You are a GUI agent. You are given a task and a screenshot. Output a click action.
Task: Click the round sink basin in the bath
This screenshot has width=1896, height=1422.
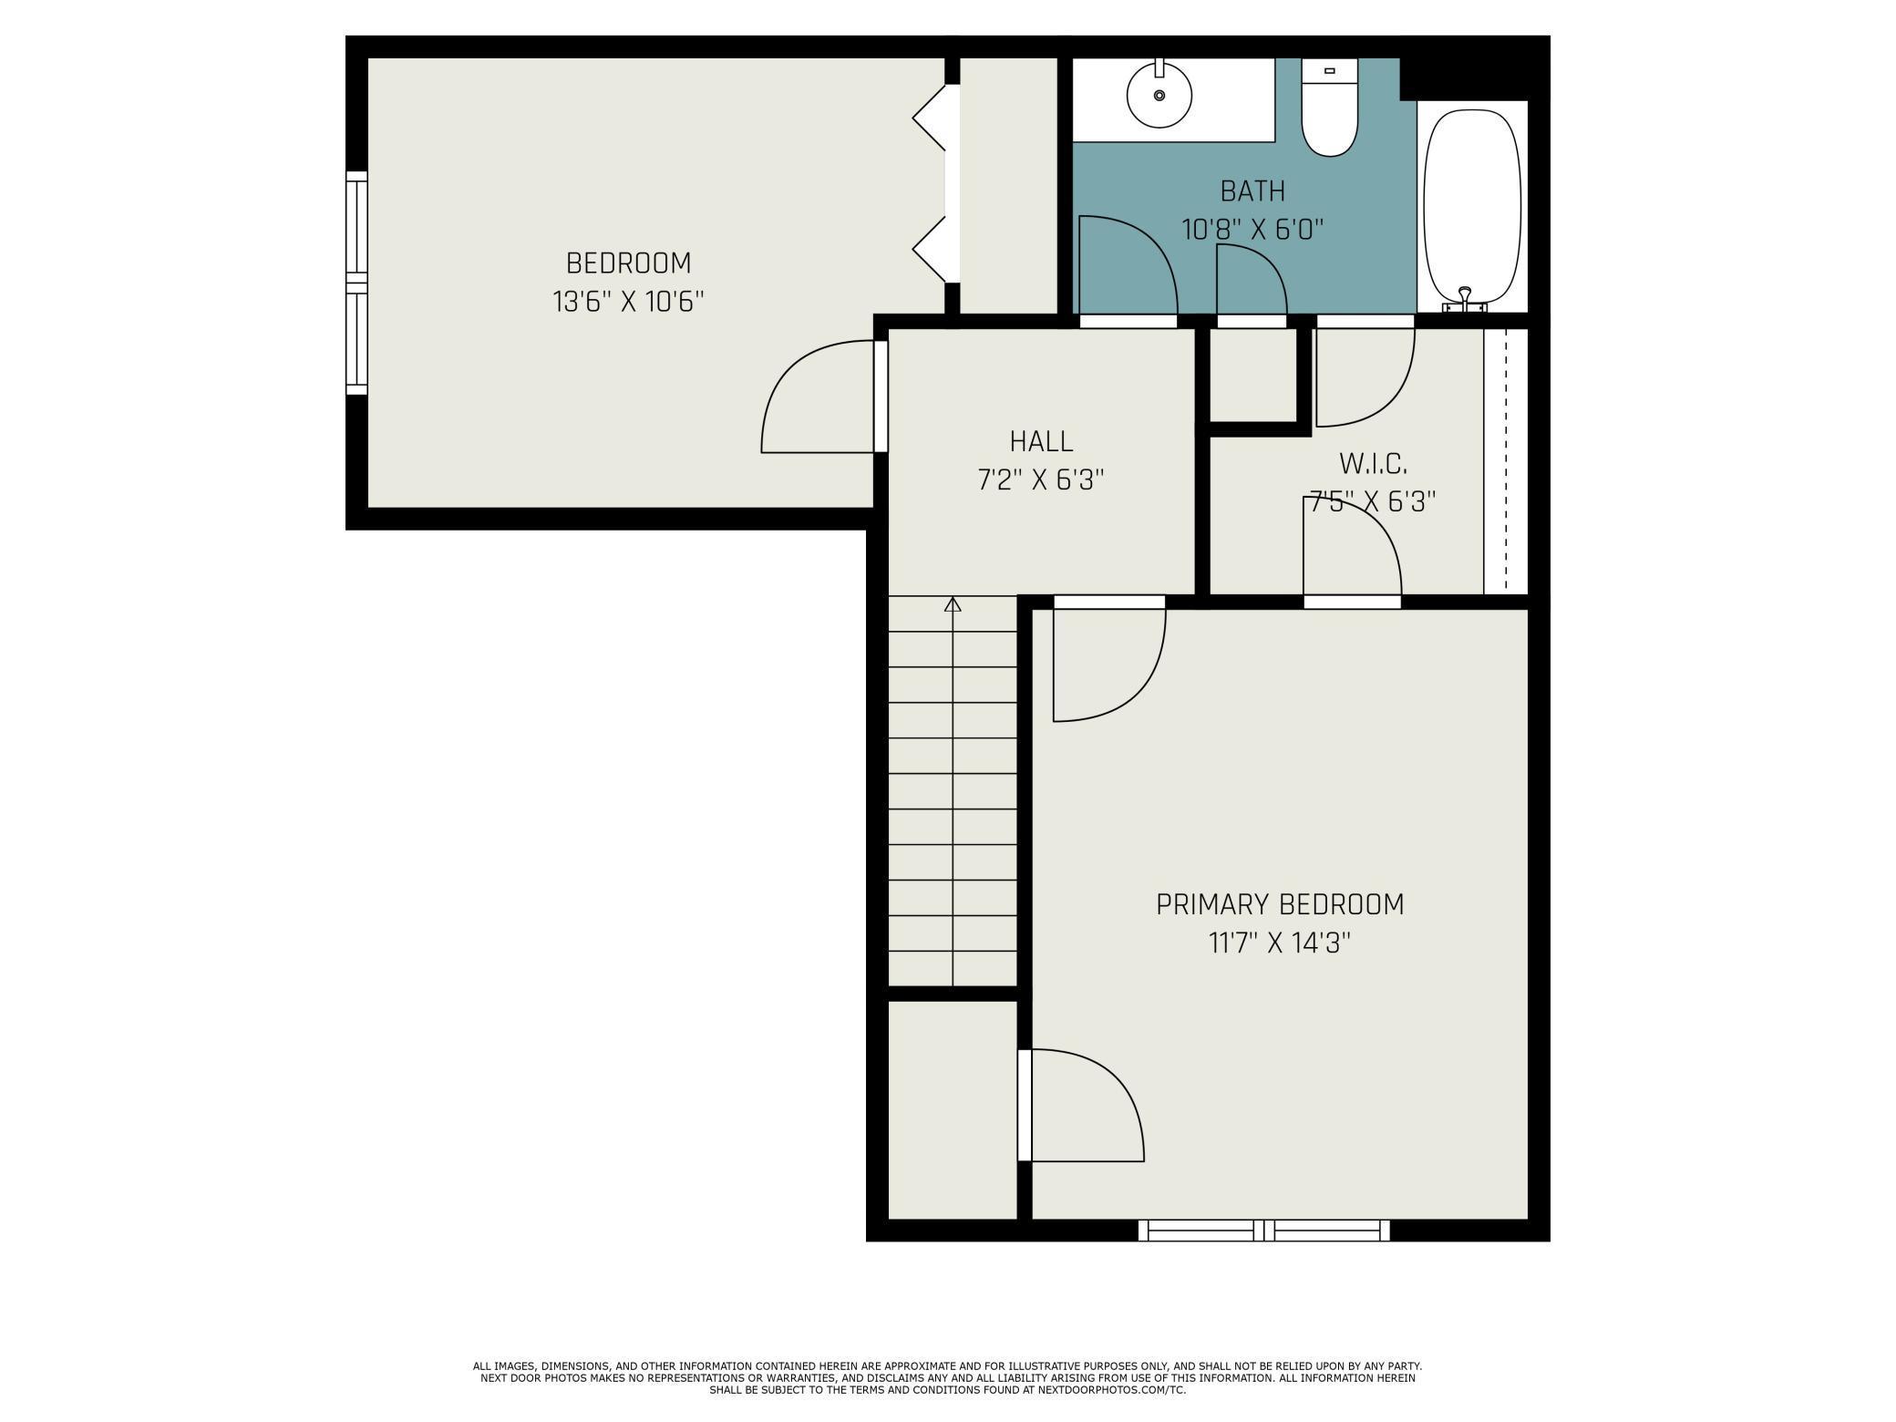[x=1159, y=96]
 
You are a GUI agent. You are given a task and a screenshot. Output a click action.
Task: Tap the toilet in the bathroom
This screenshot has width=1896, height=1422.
[x=1329, y=107]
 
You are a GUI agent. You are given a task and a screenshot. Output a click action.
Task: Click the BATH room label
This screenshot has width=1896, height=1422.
[x=1252, y=191]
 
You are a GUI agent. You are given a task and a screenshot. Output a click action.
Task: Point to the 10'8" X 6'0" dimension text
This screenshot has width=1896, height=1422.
[x=1252, y=229]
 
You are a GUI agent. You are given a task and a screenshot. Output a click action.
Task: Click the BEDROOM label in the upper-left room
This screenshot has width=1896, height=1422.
[x=629, y=263]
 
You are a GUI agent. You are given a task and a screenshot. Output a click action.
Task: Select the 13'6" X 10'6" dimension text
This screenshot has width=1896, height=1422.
[x=629, y=302]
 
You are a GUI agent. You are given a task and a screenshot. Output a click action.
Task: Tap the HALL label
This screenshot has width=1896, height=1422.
[x=1041, y=442]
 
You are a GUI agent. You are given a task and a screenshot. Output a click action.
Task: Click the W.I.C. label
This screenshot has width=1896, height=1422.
[x=1373, y=464]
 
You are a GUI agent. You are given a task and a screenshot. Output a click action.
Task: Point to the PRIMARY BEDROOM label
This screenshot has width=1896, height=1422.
[x=1280, y=905]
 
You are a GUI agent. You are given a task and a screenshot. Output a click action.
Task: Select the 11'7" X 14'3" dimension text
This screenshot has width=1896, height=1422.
[x=1280, y=943]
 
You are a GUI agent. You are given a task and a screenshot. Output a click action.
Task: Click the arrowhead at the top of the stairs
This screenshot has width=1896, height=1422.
[x=953, y=603]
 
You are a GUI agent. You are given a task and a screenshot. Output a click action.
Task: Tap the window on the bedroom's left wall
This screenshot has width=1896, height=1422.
[x=356, y=283]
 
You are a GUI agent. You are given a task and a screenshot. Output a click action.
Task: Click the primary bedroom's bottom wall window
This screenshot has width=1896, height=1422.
[x=1264, y=1231]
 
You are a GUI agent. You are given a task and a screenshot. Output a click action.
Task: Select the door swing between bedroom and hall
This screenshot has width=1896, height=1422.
[x=818, y=397]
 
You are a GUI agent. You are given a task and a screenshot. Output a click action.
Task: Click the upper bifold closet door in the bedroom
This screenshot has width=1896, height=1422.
[x=930, y=118]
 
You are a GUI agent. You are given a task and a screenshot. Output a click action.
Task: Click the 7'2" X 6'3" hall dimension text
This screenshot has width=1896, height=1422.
[x=1041, y=480]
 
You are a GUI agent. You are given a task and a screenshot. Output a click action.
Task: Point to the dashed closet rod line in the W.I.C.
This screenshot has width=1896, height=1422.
[x=1506, y=461]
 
